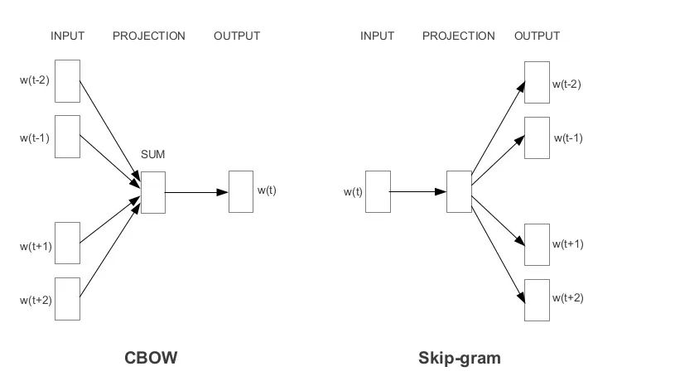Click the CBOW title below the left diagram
(151, 359)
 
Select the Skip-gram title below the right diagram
(460, 359)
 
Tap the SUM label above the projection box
(153, 155)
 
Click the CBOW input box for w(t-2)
(67, 81)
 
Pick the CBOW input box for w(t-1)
(67, 136)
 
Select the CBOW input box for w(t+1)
(67, 243)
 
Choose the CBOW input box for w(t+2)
(67, 298)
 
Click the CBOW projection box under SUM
(153, 192)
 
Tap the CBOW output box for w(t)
(240, 191)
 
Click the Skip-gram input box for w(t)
(378, 192)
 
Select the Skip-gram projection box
(458, 192)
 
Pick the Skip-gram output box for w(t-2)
(537, 81)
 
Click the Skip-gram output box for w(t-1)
(537, 137)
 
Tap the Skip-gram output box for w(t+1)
(537, 243)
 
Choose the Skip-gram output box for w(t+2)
(537, 300)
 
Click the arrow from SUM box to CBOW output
(197, 192)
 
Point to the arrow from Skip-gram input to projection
(417, 192)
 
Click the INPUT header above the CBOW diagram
(68, 36)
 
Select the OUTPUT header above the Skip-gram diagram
(537, 36)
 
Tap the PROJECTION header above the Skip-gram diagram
(458, 36)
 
